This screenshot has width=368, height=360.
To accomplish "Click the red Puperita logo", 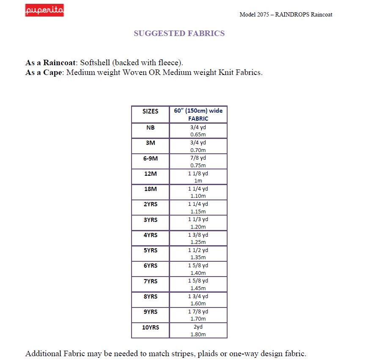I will (x=44, y=11).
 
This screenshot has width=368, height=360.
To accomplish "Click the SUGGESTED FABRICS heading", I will (x=179, y=33).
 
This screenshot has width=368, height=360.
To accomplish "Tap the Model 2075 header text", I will (x=286, y=14).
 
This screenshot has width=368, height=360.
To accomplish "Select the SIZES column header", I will (x=150, y=111).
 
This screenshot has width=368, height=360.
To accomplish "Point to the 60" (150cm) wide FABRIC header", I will (x=198, y=114).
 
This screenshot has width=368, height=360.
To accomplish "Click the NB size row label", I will (x=150, y=127).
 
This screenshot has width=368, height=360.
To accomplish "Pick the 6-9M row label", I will (x=150, y=158).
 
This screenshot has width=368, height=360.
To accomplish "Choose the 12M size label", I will (x=150, y=174).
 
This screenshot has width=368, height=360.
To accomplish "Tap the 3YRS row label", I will (x=150, y=220).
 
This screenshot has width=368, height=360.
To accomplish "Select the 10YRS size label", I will (x=150, y=327).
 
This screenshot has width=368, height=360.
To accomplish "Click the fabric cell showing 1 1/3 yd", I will (x=198, y=223).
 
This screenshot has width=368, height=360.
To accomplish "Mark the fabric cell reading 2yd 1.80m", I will (x=198, y=330).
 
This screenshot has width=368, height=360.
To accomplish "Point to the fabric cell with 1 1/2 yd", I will (x=198, y=253).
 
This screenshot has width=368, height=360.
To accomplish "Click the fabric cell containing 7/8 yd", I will (x=198, y=161).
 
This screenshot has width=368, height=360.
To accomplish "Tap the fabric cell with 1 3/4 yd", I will (x=198, y=299).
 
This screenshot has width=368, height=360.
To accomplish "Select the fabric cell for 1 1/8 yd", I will (x=198, y=177).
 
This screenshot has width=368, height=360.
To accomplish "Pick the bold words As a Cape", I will (x=44, y=72).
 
